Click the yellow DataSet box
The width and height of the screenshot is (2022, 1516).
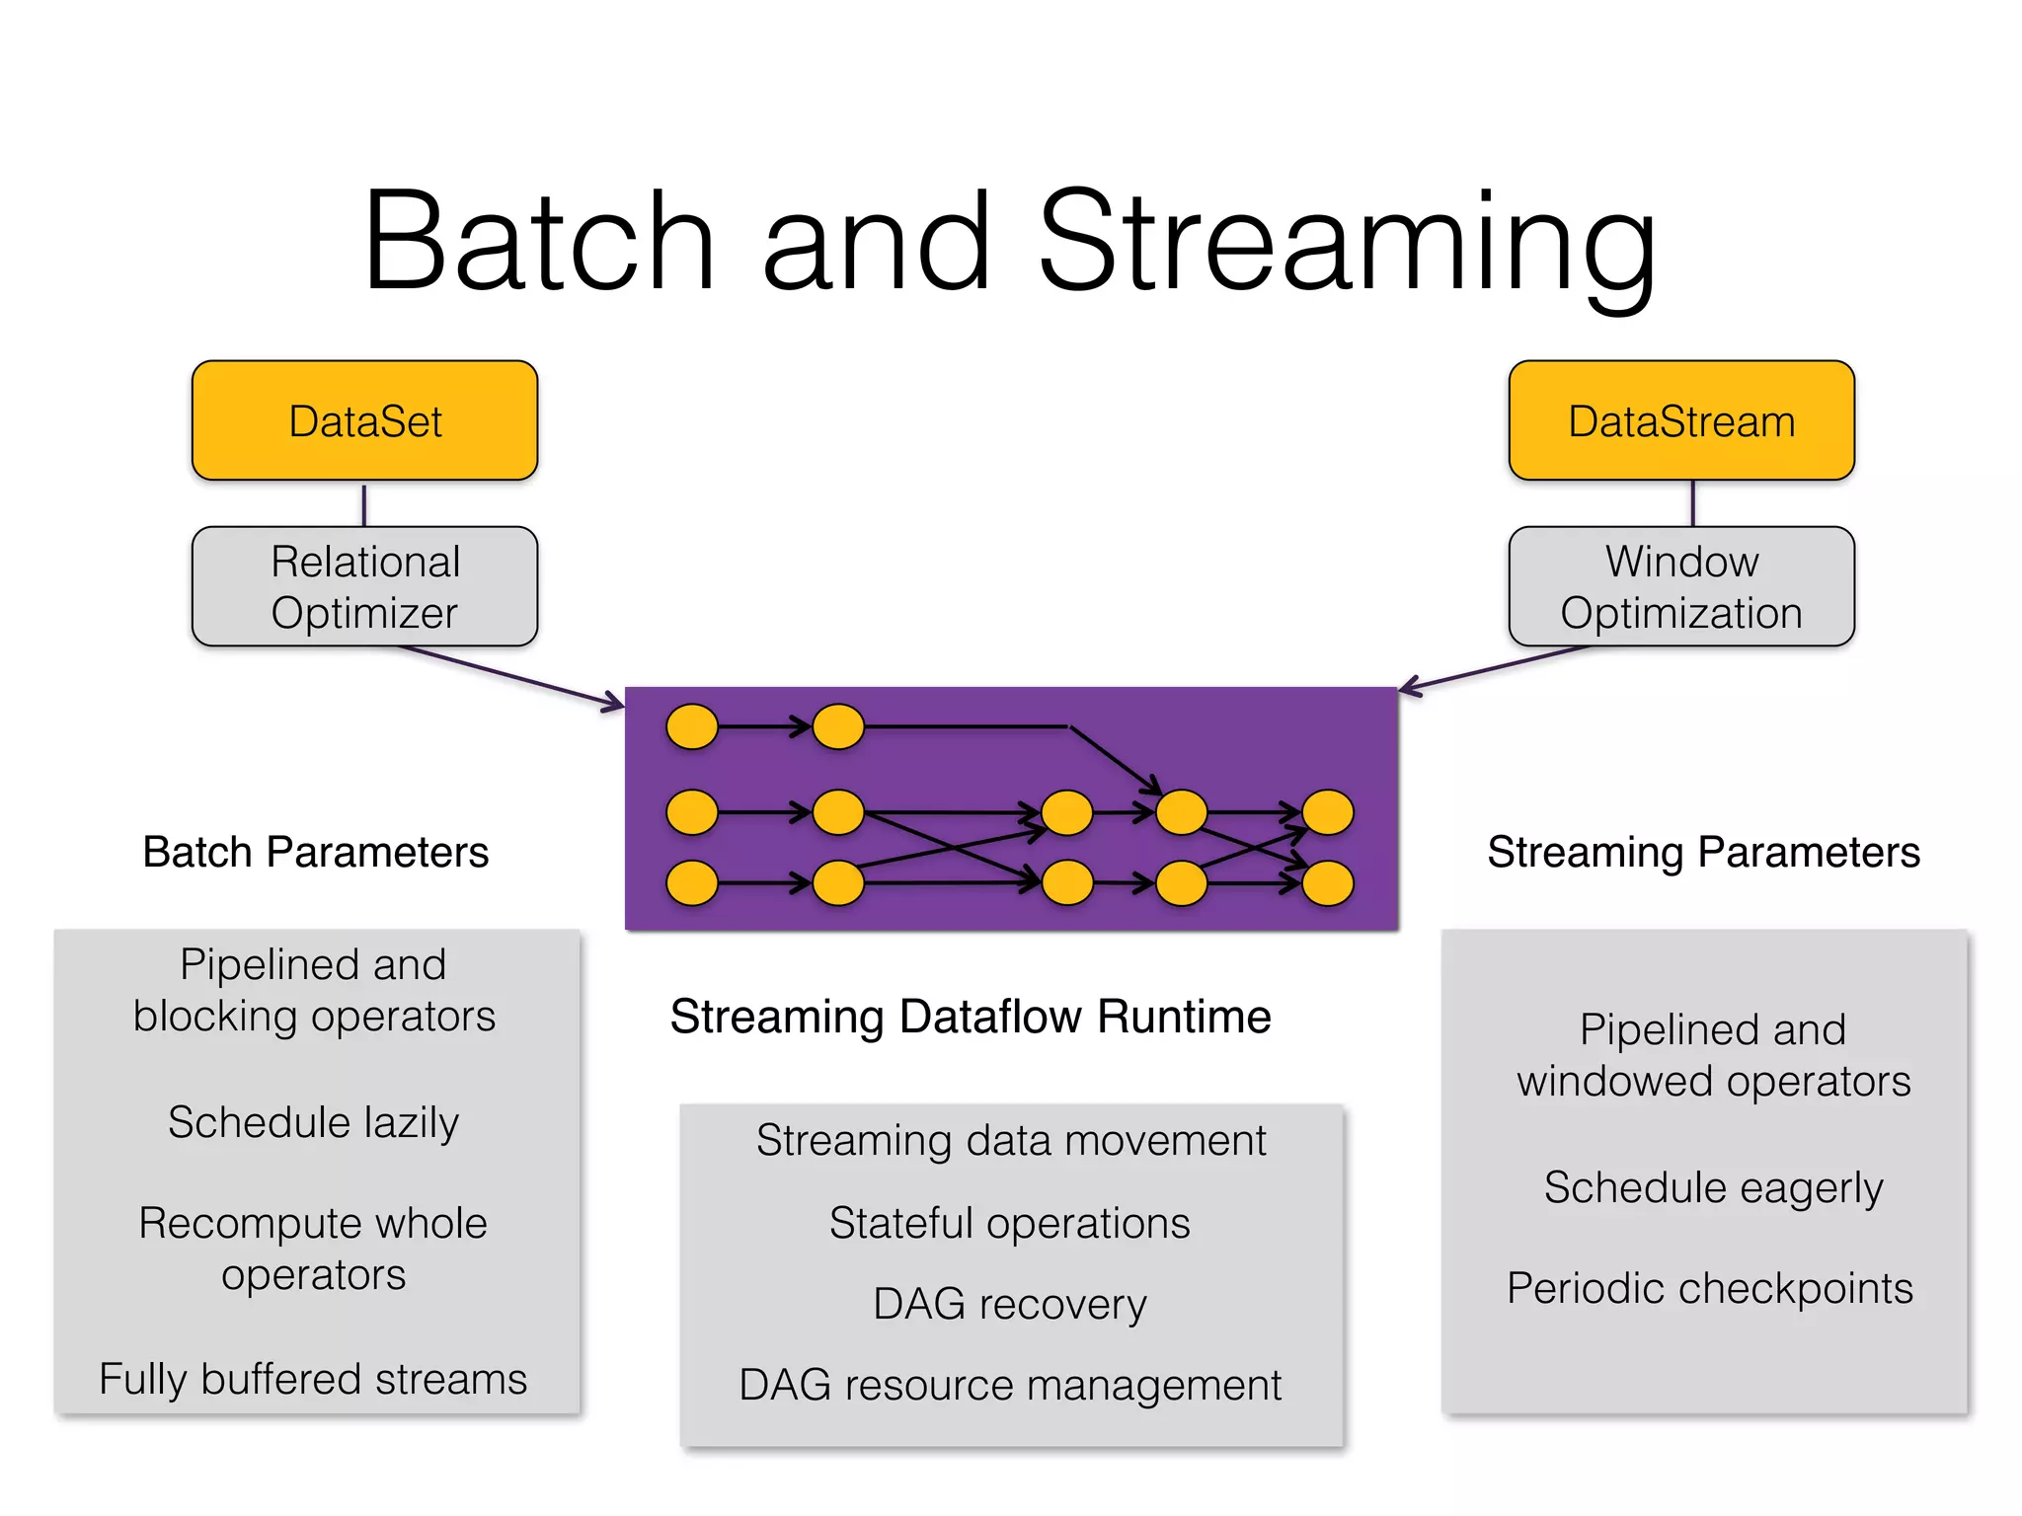coord(364,420)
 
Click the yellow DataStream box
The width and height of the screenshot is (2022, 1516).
coord(1680,420)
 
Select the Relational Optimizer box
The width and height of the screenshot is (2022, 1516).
coord(364,586)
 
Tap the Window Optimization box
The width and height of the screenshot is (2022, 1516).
coord(1680,586)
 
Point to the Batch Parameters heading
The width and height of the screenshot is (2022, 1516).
coord(315,852)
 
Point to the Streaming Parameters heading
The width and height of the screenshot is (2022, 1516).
coord(1703,852)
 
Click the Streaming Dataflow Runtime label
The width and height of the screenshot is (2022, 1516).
coord(970,1017)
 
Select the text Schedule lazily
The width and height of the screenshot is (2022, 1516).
coord(313,1122)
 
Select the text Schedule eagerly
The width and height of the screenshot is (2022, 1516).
coord(1713,1187)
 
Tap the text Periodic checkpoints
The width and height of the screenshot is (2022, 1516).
coord(1709,1288)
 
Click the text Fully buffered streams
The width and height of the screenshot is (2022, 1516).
coord(313,1379)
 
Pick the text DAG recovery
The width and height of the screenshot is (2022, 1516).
coord(1010,1304)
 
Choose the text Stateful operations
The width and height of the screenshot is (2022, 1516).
coord(1010,1223)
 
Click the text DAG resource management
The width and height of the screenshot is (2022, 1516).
coord(1010,1385)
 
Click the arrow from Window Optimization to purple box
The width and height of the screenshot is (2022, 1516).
coord(1496,669)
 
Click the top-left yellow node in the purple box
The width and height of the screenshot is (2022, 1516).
coord(692,727)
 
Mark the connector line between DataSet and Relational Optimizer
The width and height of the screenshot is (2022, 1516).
coord(364,504)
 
